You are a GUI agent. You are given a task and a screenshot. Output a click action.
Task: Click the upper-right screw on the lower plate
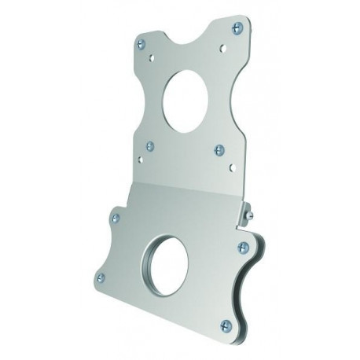tap(241, 248)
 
